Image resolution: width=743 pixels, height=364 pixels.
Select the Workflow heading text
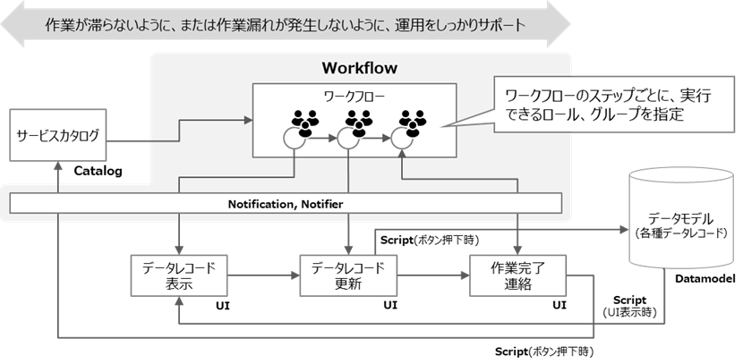pyautogui.click(x=359, y=68)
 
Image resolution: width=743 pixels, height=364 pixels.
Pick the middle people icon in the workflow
pyautogui.click(x=358, y=123)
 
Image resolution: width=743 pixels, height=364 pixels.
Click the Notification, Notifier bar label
pyautogui.click(x=285, y=205)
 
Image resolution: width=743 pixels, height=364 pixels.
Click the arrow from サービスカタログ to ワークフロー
pyautogui.click(x=179, y=139)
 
